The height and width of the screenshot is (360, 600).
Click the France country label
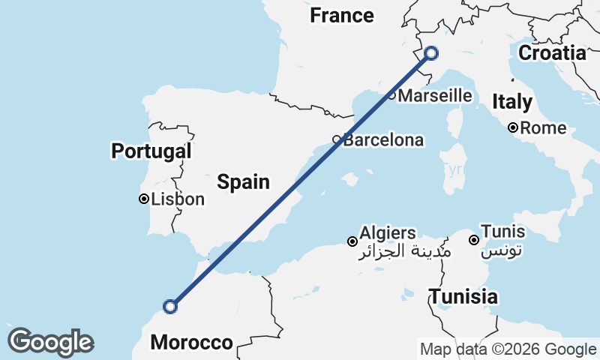pyautogui.click(x=342, y=15)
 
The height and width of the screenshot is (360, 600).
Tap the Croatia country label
pyautogui.click(x=552, y=53)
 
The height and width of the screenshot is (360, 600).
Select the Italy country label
pyautogui.click(x=512, y=102)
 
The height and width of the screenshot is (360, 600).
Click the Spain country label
pyautogui.click(x=243, y=181)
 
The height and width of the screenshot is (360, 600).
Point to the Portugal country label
pyautogui.click(x=151, y=151)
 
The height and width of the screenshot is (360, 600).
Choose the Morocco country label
pyautogui.click(x=191, y=343)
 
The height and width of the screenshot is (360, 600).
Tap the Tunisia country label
pyautogui.click(x=463, y=296)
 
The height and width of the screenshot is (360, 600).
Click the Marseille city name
pyautogui.click(x=435, y=96)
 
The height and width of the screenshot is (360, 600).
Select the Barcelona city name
pyautogui.click(x=383, y=140)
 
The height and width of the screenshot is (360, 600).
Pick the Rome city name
pyautogui.click(x=543, y=128)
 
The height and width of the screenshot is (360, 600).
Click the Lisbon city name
pyautogui.click(x=178, y=199)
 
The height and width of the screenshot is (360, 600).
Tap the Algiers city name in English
pyautogui.click(x=387, y=232)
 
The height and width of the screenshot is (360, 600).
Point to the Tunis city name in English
pyautogui.click(x=503, y=231)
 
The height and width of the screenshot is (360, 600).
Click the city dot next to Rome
pyautogui.click(x=513, y=128)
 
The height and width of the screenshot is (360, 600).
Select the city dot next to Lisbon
pyautogui.click(x=143, y=199)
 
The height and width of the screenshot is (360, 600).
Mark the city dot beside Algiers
pyautogui.click(x=352, y=241)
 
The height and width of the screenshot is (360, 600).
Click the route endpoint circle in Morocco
pyautogui.click(x=170, y=306)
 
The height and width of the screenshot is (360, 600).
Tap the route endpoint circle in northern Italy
pyautogui.click(x=431, y=52)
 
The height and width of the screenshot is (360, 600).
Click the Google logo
pyautogui.click(x=50, y=341)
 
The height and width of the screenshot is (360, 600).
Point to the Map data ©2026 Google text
pyautogui.click(x=508, y=349)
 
